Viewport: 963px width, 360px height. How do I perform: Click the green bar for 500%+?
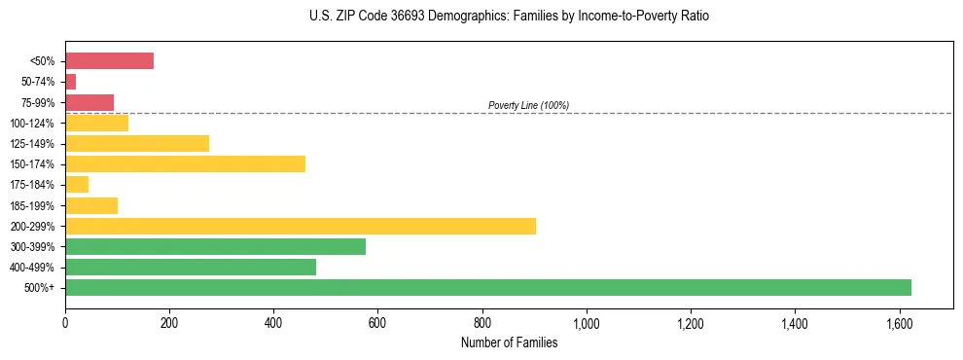[x=487, y=287]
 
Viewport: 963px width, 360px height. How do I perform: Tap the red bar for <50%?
[x=109, y=61]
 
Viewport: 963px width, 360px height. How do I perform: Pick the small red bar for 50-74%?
[x=70, y=82]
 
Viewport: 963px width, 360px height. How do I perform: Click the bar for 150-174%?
[x=185, y=163]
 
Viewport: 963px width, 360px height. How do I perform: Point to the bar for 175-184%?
[x=77, y=184]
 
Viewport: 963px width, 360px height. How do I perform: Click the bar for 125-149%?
[x=137, y=143]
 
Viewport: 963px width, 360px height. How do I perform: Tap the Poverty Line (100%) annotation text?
[x=528, y=105]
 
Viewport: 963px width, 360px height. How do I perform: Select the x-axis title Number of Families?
[x=510, y=342]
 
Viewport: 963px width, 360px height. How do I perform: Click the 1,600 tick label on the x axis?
[x=899, y=322]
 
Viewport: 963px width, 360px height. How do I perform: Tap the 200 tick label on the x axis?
[x=169, y=322]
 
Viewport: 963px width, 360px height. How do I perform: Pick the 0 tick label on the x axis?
[x=65, y=322]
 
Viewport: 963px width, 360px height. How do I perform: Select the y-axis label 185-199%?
[x=37, y=205]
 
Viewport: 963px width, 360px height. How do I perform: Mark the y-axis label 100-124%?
[x=37, y=123]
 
